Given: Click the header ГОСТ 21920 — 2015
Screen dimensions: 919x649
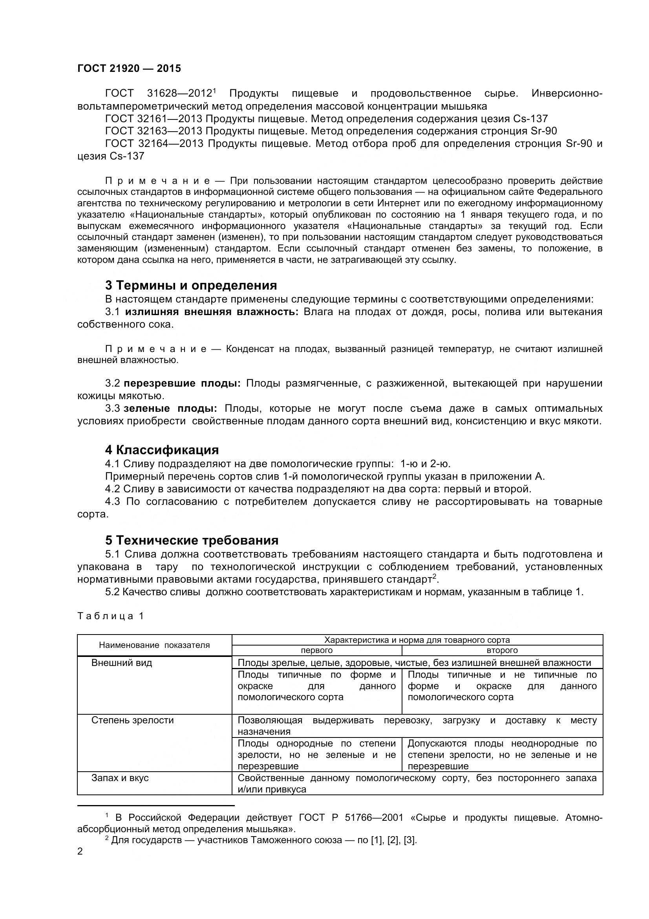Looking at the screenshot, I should tap(129, 68).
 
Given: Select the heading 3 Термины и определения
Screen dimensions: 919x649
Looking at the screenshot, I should tap(191, 285).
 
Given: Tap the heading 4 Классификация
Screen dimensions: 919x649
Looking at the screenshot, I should tap(162, 450).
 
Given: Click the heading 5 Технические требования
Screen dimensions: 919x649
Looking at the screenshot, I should tap(192, 540).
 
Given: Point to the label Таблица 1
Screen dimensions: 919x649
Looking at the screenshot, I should tap(110, 616).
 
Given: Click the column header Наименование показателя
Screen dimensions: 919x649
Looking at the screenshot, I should tap(154, 645).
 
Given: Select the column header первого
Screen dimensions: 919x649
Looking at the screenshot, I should tap(316, 650).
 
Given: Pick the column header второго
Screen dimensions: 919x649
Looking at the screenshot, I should tap(502, 650).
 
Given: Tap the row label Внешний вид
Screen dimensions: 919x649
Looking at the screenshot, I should tap(122, 662).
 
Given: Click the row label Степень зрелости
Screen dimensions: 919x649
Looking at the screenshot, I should tap(132, 720).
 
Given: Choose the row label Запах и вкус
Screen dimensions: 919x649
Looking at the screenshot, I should tap(120, 778).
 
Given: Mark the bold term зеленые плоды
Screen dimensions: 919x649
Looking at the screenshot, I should tap(170, 409).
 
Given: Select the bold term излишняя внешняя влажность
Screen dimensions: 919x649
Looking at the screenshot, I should tap(212, 312).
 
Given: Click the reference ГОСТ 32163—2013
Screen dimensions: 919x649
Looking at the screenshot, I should tap(154, 131).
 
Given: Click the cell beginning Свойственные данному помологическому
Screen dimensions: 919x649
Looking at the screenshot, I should tap(417, 783).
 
